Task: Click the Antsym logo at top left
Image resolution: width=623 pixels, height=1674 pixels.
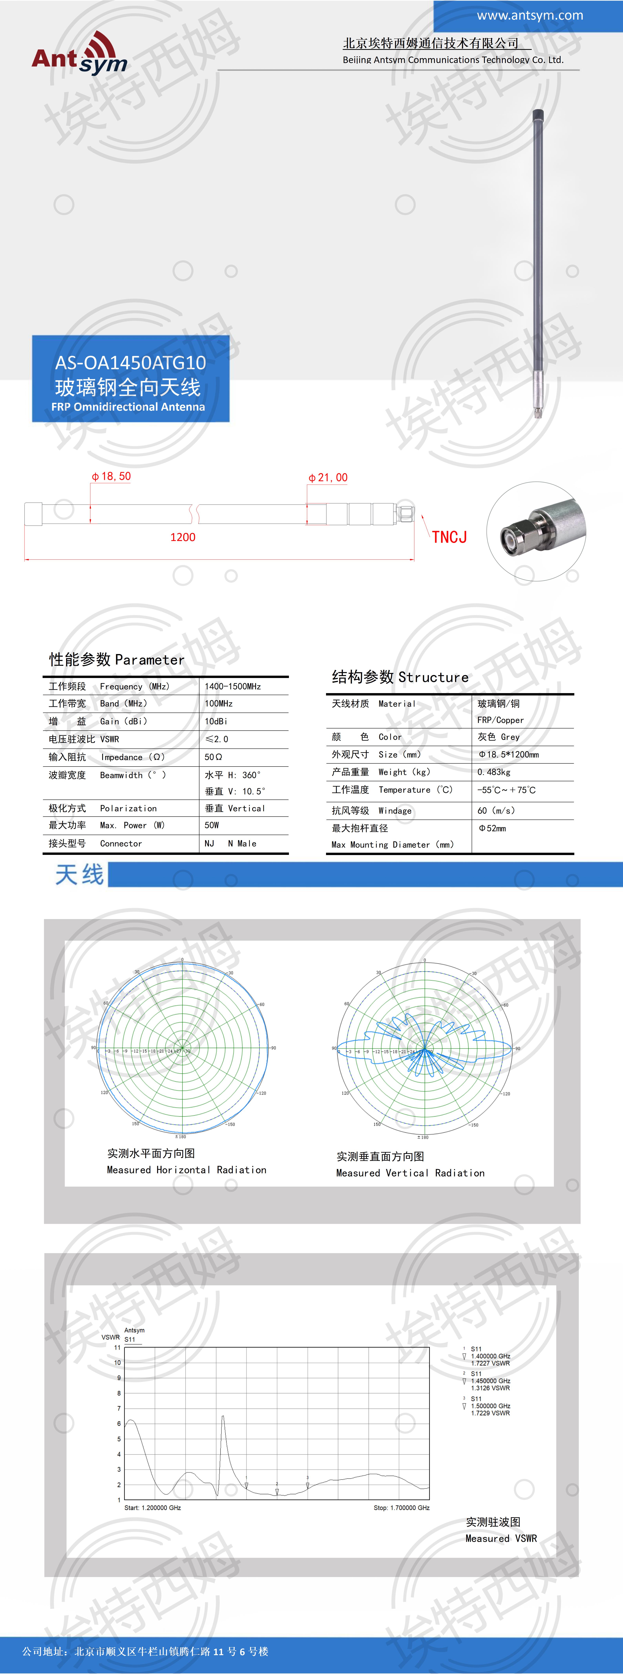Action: (79, 54)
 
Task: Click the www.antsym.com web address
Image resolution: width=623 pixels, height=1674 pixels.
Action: (529, 15)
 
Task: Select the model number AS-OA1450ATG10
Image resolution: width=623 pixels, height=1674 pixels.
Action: (130, 363)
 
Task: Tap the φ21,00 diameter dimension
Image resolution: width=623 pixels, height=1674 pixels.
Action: (328, 478)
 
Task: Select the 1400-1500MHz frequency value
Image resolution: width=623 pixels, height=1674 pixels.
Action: (233, 686)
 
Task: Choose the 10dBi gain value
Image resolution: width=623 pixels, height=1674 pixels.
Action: (216, 721)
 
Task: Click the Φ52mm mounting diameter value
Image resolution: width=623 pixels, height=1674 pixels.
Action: (492, 829)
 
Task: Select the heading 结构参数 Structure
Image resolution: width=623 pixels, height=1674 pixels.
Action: (400, 677)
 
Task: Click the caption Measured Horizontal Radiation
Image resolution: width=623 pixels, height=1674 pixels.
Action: (186, 1170)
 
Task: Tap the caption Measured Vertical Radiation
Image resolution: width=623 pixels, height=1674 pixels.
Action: (410, 1173)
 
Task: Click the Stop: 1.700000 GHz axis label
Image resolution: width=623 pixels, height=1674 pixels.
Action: (401, 1508)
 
